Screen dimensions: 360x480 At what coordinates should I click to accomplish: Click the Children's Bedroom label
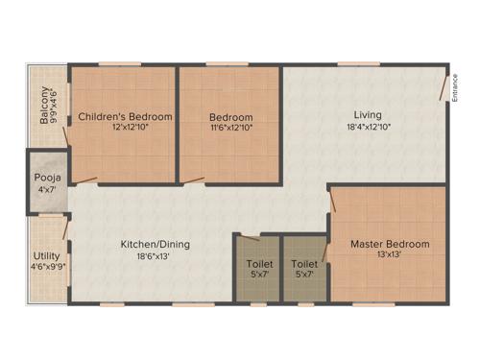coord(126,116)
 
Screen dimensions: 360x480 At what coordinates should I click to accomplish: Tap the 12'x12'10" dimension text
coord(126,127)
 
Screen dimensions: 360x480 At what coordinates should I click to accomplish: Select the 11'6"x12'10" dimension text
coord(231,127)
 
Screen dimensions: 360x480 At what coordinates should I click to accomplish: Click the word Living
coord(367,115)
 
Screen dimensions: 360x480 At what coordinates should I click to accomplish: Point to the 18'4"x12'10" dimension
coord(367,126)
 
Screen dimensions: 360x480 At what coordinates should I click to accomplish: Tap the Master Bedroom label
coord(389,244)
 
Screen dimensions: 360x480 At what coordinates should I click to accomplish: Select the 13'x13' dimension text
coord(389,254)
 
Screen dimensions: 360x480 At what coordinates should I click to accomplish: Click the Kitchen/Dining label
coord(155,244)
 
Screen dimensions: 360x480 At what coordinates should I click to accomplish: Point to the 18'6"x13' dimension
coord(155,255)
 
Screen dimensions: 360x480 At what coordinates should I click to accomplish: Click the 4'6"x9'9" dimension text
coord(46,267)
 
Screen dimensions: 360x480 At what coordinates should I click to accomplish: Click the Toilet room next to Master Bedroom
coord(305,268)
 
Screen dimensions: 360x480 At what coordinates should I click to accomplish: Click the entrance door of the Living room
coord(444,86)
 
